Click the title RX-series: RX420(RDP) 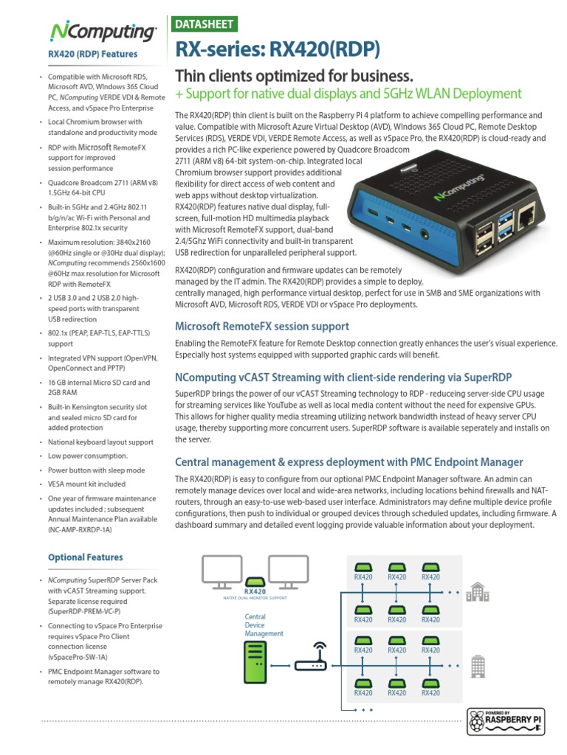point(276,49)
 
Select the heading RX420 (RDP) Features point(92,54)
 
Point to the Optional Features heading point(86,557)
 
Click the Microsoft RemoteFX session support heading point(261,326)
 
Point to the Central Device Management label point(264,624)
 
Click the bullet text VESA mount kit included point(86,484)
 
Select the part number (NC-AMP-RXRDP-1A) point(81,529)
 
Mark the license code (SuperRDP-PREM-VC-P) point(84,612)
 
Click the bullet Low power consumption point(88,456)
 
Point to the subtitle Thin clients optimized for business point(292,76)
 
